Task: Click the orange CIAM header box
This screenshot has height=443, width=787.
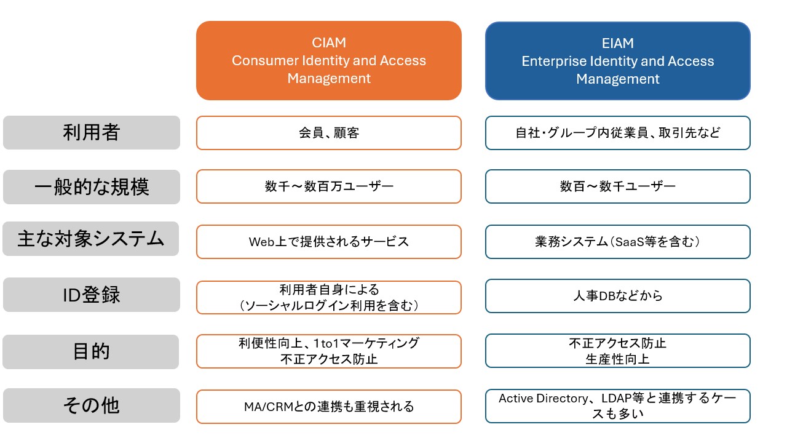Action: click(x=328, y=61)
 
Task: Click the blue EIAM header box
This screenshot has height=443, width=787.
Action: click(x=617, y=61)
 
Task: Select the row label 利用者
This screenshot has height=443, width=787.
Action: click(x=91, y=132)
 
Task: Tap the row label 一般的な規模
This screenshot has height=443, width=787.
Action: click(x=91, y=186)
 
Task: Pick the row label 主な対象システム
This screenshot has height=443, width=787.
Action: click(x=91, y=239)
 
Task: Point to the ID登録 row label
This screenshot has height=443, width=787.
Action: click(x=91, y=295)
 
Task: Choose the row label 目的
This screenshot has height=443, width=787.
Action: click(x=91, y=351)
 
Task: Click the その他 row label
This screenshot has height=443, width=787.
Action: click(x=91, y=405)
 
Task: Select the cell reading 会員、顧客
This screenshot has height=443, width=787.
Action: click(x=328, y=133)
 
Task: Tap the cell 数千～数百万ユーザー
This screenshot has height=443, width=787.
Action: click(x=328, y=186)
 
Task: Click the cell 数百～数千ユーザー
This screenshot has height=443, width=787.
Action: click(x=617, y=186)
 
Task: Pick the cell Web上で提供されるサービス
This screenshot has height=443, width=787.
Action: click(x=328, y=241)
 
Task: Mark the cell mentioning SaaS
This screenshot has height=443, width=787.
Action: click(x=617, y=241)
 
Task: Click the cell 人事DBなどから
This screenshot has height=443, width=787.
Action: click(x=617, y=296)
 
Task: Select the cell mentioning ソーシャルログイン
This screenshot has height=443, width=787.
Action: click(x=328, y=297)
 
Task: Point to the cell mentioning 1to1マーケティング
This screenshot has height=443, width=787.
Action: click(x=328, y=351)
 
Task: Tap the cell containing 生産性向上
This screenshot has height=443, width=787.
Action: click(x=617, y=351)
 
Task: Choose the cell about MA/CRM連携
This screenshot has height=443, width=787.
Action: click(x=328, y=406)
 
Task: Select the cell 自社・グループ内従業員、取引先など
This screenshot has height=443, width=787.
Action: click(x=617, y=133)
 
